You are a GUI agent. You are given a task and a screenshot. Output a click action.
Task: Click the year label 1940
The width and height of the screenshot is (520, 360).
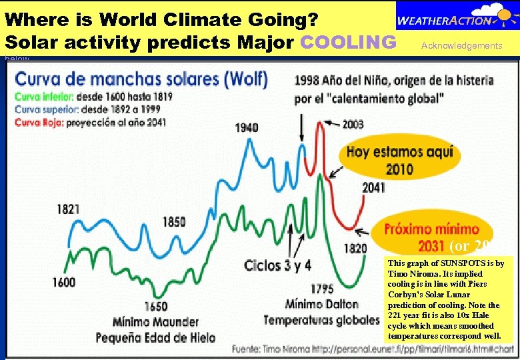click(247, 127)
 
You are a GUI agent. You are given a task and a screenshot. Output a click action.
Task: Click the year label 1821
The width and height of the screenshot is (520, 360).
click(68, 209)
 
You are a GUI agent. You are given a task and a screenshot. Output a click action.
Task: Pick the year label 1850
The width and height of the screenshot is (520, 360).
click(174, 221)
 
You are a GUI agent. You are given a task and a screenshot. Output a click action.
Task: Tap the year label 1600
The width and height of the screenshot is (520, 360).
click(64, 283)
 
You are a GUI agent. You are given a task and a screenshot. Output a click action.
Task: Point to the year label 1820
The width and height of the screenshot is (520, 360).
click(355, 249)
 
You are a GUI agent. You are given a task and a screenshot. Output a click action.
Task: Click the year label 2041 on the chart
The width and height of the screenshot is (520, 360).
click(373, 188)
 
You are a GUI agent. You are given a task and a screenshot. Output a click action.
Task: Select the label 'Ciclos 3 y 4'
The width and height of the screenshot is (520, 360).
click(277, 265)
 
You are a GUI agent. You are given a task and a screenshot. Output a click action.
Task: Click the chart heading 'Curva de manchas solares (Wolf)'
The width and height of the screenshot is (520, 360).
click(141, 79)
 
